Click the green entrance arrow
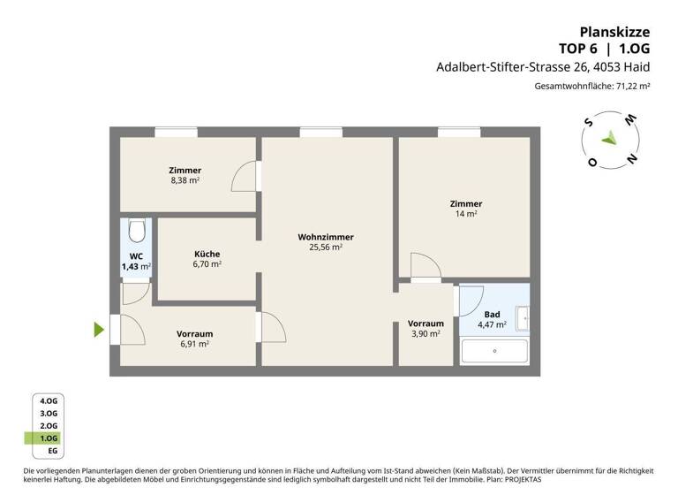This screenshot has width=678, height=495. [x=99, y=330]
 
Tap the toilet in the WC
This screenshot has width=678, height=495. [x=136, y=232]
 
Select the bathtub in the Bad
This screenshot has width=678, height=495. [x=494, y=351]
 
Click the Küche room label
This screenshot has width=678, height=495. [x=207, y=254]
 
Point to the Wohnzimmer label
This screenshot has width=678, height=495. [x=326, y=237]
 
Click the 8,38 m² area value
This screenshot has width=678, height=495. [x=185, y=180]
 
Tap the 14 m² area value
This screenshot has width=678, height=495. [x=466, y=214]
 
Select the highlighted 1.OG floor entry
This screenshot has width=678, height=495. [x=48, y=438]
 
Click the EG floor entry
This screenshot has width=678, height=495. [x=51, y=450]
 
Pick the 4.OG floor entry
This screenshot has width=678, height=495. [x=48, y=400]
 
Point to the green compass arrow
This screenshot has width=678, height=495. [x=607, y=138]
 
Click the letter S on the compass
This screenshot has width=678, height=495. [x=587, y=126]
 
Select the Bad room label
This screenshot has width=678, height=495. [x=492, y=314]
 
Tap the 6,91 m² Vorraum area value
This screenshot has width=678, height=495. [x=194, y=345]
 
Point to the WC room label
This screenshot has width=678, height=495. [x=136, y=255]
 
